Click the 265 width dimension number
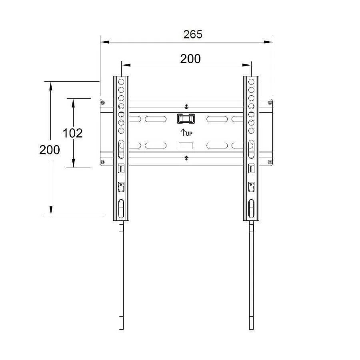tap(193, 34)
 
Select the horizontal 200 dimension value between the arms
tap(190, 59)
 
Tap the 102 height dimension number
tap(73, 133)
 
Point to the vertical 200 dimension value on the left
tap(50, 150)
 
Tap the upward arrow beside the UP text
tap(182, 132)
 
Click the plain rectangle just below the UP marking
tap(186, 146)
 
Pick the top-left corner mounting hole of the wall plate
tap(103, 103)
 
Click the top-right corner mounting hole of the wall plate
tap(270, 103)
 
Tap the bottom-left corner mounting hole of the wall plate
tap(103, 162)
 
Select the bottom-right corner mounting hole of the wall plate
tap(270, 162)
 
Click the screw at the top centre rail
tap(186, 107)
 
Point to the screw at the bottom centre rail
tap(186, 158)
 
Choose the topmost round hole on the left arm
tap(121, 82)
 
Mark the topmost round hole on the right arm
tap(251, 82)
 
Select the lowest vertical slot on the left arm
tap(121, 209)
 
